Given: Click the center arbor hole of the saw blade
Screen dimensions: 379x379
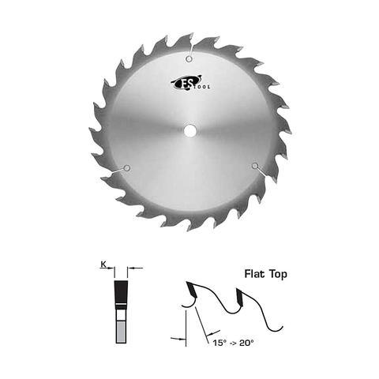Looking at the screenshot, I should [189, 131].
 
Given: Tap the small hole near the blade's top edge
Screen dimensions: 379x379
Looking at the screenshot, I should [189, 58].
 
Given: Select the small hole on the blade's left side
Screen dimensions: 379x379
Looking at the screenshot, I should [126, 167].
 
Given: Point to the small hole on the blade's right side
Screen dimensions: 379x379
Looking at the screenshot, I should [254, 165].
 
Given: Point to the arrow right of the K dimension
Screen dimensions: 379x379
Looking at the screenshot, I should [136, 268].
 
